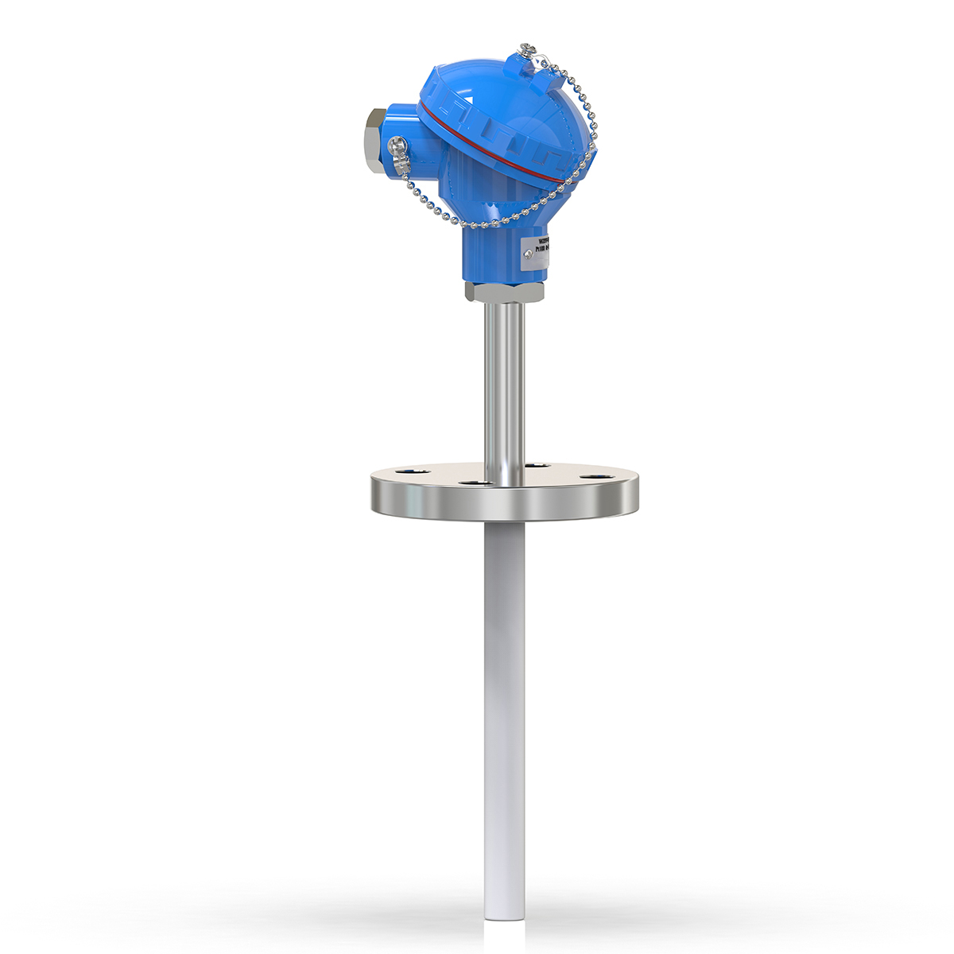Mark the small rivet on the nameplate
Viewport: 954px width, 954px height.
coord(528,254)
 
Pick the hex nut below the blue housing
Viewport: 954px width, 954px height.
coord(504,292)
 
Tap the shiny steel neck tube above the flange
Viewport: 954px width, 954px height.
coord(504,382)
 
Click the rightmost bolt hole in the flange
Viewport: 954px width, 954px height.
coord(593,478)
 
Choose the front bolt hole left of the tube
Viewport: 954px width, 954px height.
coord(474,483)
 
